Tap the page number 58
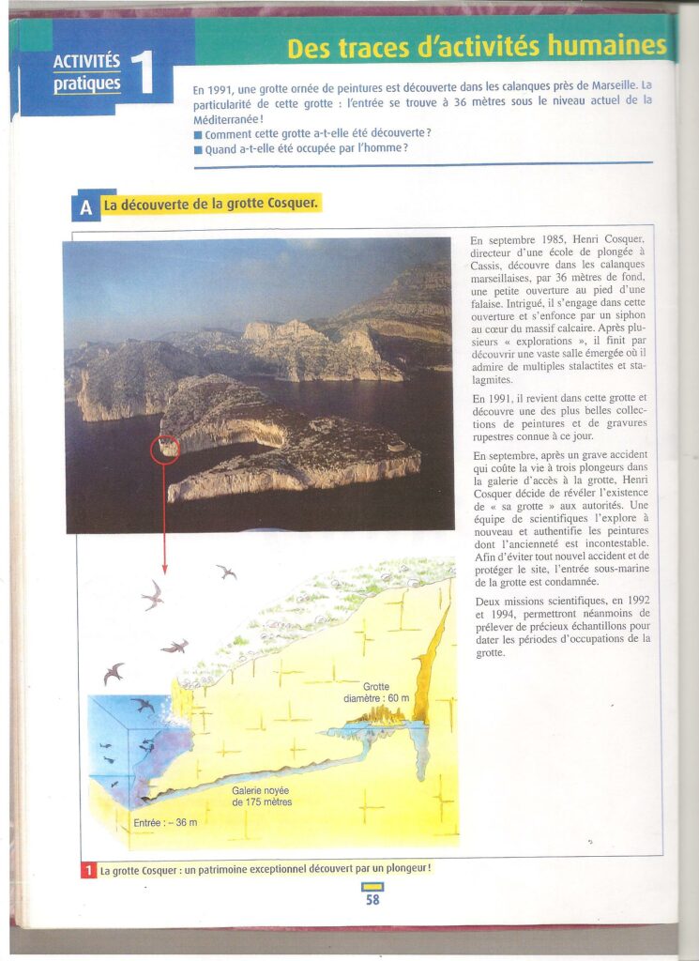(x=372, y=899)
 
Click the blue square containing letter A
(x=85, y=207)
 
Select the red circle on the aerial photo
(x=165, y=448)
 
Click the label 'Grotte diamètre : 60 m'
(x=376, y=692)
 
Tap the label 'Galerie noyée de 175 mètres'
(x=262, y=796)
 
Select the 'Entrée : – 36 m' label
(x=166, y=823)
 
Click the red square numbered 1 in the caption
(x=87, y=870)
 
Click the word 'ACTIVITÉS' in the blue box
(x=87, y=62)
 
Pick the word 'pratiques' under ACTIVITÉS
(x=87, y=84)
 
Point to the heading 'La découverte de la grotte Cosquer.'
(x=211, y=204)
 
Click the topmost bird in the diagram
(x=226, y=571)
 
